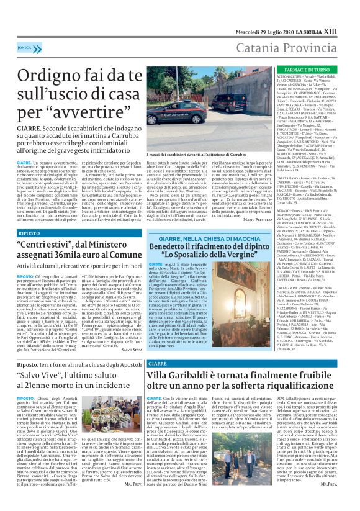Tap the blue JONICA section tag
(x=25, y=29)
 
